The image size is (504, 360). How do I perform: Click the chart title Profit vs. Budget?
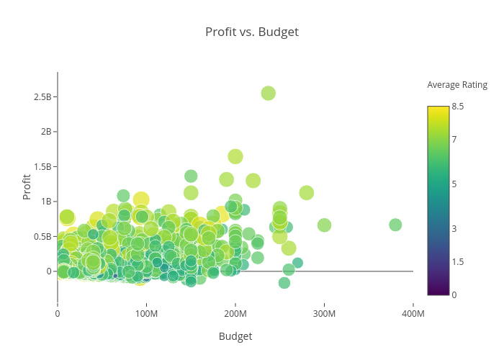point(251,32)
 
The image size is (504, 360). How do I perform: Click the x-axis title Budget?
point(235,336)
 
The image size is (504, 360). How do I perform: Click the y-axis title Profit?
point(27,186)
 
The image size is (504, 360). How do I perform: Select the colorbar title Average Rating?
point(457,85)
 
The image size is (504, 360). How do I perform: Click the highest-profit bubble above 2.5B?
point(269,93)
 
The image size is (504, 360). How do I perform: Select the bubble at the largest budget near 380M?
point(395,225)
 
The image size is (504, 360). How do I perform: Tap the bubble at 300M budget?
point(324,225)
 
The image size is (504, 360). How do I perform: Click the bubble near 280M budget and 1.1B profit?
point(307,192)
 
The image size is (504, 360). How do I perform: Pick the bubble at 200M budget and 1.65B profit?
point(235,156)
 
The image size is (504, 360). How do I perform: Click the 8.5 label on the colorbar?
point(458,107)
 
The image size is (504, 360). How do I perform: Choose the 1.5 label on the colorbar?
point(458,261)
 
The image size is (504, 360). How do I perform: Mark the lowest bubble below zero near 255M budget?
point(284,283)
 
